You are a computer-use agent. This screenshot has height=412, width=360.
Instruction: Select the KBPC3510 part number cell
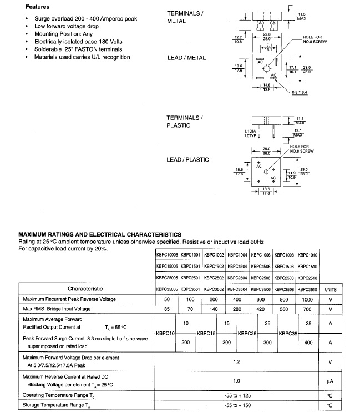coord(307,289)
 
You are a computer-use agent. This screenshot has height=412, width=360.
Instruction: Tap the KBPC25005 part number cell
coord(166,278)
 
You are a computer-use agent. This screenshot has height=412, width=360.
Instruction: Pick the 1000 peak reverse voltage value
coord(307,299)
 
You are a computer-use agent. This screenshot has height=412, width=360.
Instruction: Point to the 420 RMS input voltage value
coord(260,310)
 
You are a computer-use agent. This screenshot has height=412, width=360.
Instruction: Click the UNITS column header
coord(331,289)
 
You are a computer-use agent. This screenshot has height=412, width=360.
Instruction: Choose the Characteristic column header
coord(85,289)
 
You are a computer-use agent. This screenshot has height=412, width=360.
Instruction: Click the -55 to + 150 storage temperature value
coord(237,405)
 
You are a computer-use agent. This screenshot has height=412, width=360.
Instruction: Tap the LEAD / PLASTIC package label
coord(188,160)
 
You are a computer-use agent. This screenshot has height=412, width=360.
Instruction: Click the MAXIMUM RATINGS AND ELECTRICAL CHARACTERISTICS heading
coord(100,234)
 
